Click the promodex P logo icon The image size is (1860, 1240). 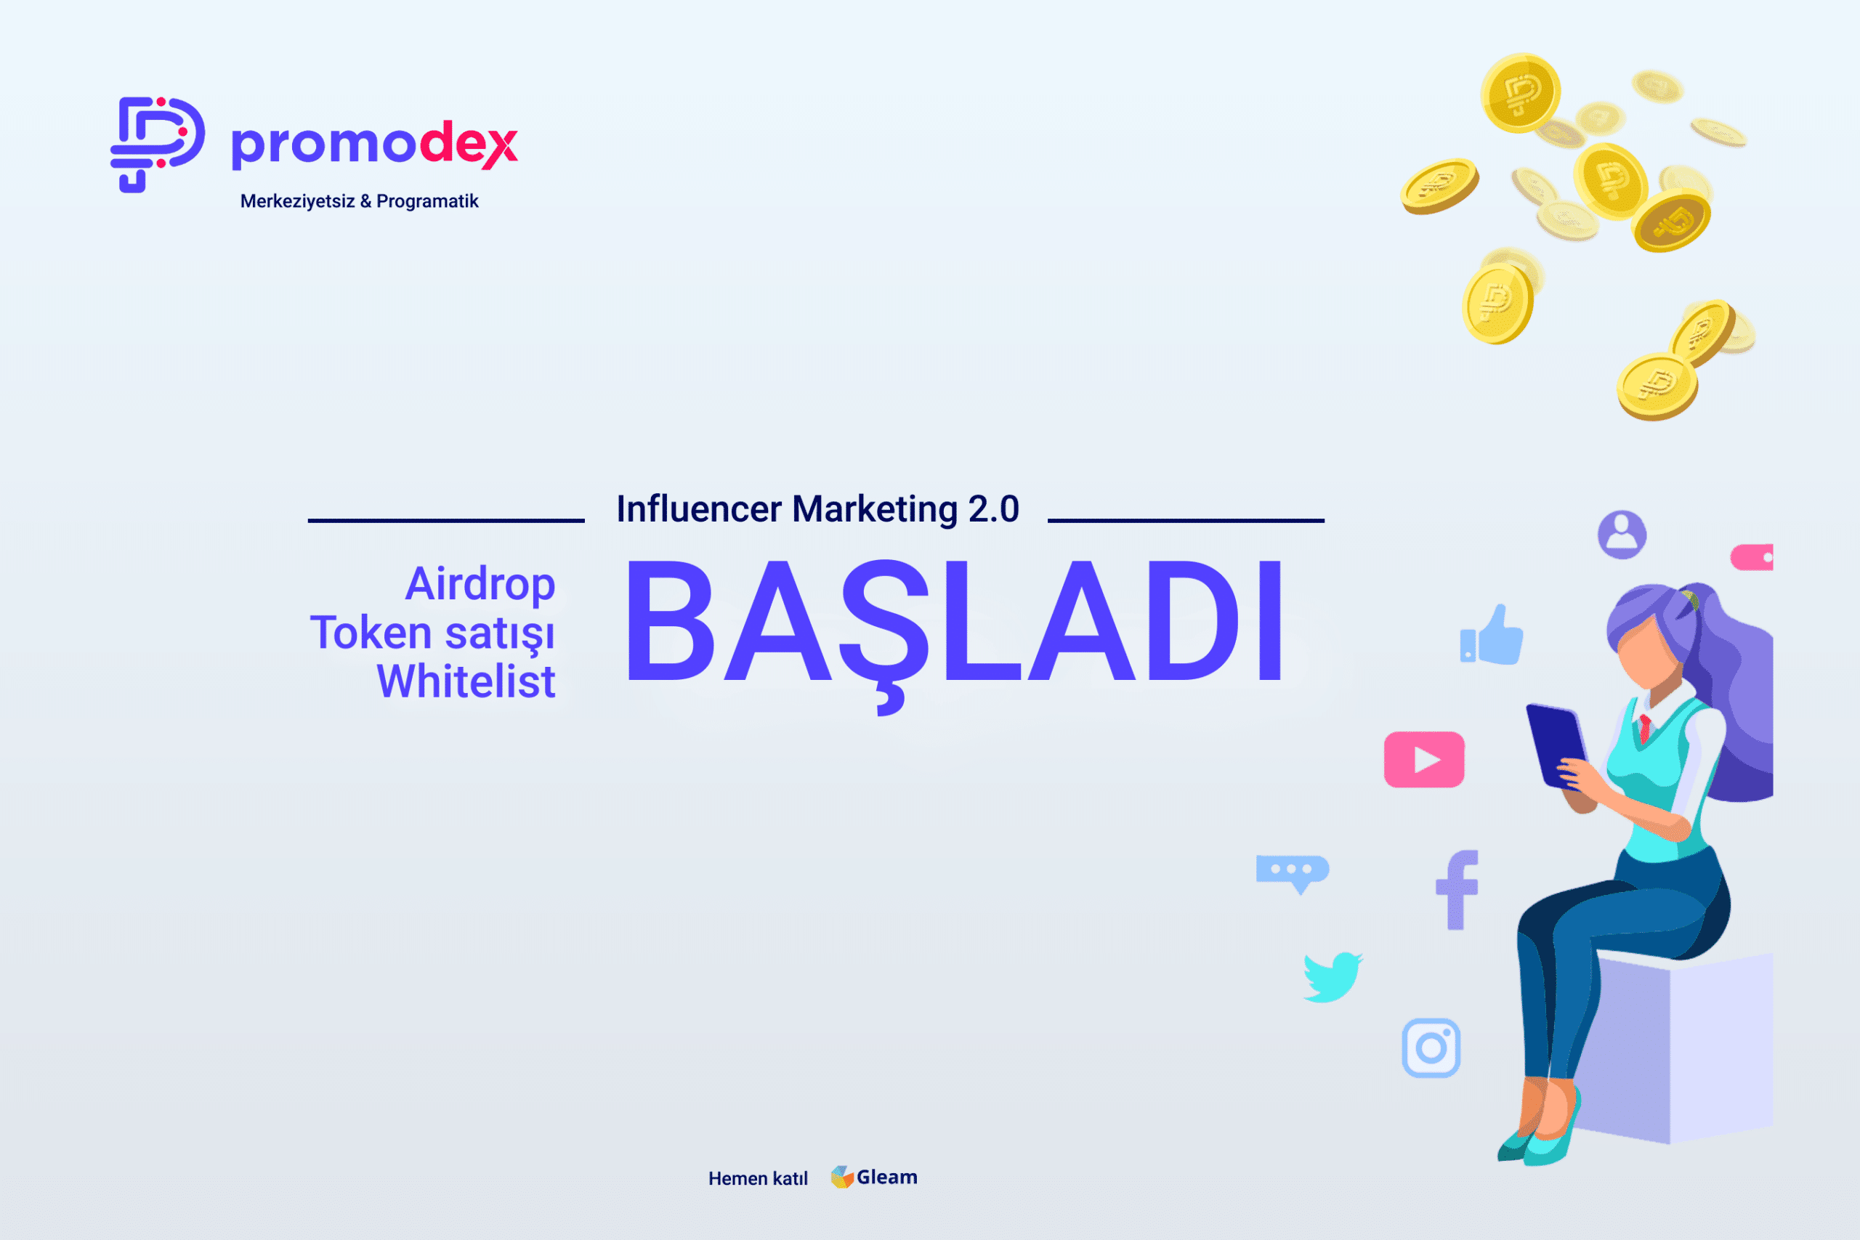point(158,144)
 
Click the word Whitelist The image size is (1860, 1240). point(466,681)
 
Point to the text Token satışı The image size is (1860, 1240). point(432,633)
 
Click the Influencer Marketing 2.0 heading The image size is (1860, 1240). point(817,508)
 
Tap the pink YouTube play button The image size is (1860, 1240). point(1424,759)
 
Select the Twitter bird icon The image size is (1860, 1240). point(1333,976)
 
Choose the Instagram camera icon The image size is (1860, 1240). point(1431,1047)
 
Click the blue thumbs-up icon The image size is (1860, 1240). point(1492,635)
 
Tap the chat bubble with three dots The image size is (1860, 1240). point(1293,874)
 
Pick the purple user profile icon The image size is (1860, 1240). point(1622,535)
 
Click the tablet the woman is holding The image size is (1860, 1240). point(1556,745)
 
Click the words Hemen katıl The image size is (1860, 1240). point(758,1178)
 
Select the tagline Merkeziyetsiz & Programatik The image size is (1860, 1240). point(359,201)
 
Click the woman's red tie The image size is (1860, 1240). point(1646,726)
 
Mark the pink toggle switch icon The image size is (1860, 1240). point(1751,557)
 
